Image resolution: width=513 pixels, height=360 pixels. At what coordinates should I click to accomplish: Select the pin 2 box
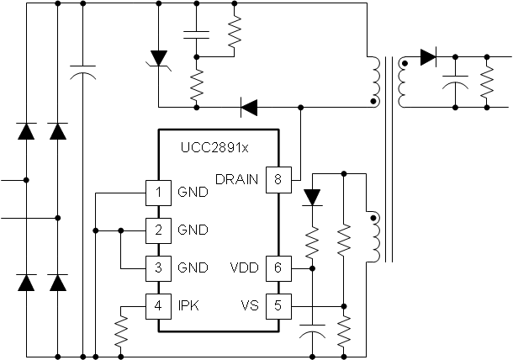[x=156, y=229]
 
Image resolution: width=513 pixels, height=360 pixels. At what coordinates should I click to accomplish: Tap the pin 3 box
[x=156, y=267]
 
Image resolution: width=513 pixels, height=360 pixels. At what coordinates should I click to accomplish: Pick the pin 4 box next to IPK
[x=156, y=304]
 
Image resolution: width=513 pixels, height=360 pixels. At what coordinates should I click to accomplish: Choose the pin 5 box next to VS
[x=277, y=304]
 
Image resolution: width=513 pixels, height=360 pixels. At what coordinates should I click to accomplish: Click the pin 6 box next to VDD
[x=277, y=267]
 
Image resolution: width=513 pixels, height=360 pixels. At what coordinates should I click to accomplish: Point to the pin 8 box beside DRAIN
[x=277, y=178]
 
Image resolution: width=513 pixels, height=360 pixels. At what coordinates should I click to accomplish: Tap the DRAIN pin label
[x=238, y=178]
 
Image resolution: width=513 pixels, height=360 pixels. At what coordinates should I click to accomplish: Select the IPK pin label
[x=188, y=304]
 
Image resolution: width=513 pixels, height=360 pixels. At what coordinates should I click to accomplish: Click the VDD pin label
[x=244, y=267]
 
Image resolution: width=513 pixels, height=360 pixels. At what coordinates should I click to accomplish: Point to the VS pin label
[x=251, y=304]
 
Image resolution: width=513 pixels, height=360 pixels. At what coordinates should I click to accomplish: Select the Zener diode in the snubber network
[x=157, y=58]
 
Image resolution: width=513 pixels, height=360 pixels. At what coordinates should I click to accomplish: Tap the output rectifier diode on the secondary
[x=427, y=58]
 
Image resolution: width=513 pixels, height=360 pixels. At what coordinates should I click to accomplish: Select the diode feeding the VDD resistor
[x=313, y=197]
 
